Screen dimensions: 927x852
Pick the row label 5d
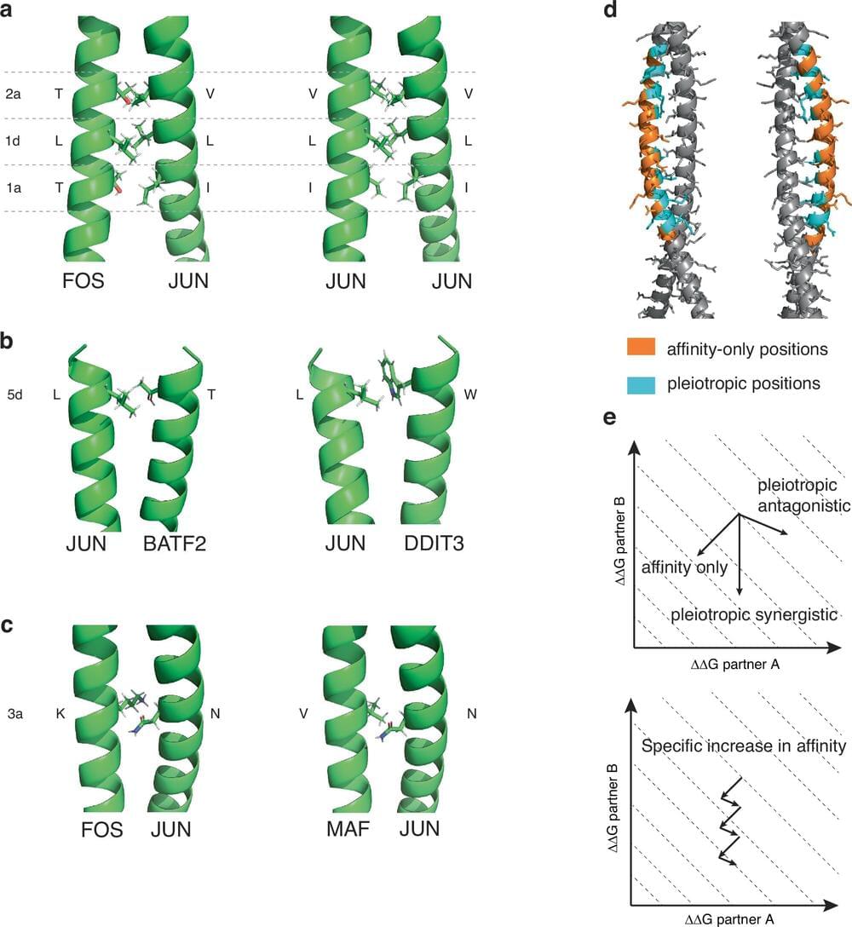(x=14, y=394)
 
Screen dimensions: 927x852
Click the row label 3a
(x=14, y=713)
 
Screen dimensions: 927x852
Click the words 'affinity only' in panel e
(x=682, y=566)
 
